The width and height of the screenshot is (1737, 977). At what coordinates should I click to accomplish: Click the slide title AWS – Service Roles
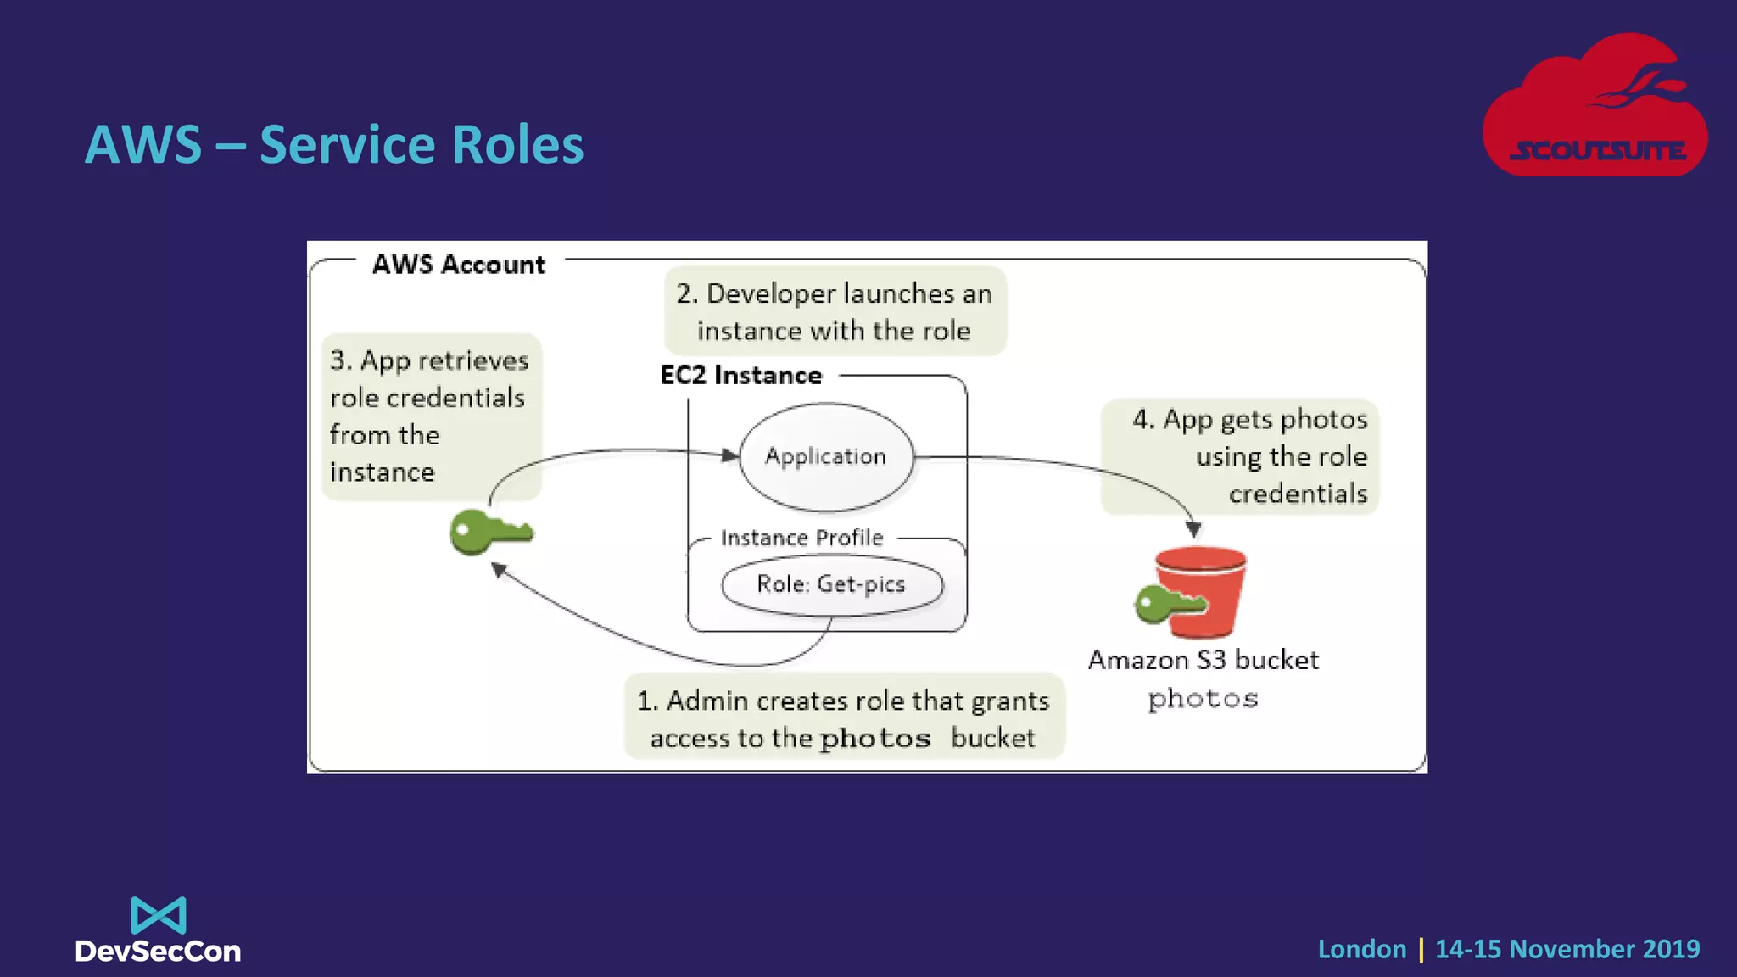334,144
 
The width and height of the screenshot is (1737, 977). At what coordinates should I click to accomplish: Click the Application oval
826,457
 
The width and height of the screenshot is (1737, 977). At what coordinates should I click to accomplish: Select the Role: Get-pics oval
831,584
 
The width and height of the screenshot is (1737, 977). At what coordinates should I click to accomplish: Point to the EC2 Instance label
740,375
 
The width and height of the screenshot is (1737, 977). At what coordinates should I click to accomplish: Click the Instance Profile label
801,538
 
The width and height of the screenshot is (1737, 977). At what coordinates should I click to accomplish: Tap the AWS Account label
458,265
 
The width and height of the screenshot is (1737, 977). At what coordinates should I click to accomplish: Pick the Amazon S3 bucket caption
1203,660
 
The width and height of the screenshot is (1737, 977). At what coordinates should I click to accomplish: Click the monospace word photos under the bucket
1203,699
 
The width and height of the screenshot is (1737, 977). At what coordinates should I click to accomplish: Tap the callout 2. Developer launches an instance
835,311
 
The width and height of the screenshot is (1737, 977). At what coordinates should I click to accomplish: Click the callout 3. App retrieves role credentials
430,416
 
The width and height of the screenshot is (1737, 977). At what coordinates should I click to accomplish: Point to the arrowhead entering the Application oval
729,455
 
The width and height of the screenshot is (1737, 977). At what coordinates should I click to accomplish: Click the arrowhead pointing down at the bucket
1193,529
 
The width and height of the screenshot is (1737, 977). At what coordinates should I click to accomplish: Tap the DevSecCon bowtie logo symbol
158,915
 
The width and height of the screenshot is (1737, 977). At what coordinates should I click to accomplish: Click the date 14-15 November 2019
1567,949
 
